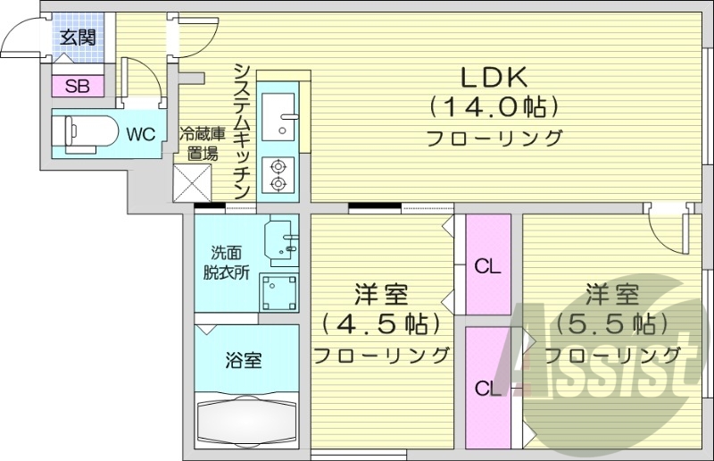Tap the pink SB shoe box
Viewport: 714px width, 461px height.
(77, 87)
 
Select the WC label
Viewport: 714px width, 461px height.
(141, 134)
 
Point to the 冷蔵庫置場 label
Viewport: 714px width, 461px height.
(198, 144)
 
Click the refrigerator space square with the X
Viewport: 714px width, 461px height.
(194, 183)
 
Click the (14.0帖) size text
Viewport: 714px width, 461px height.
(494, 107)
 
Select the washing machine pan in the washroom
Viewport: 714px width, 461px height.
(279, 291)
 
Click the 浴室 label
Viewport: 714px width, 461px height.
(244, 361)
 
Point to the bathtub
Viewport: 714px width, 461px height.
(246, 423)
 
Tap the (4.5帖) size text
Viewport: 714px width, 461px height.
(381, 323)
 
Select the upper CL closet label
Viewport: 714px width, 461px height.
(487, 265)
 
